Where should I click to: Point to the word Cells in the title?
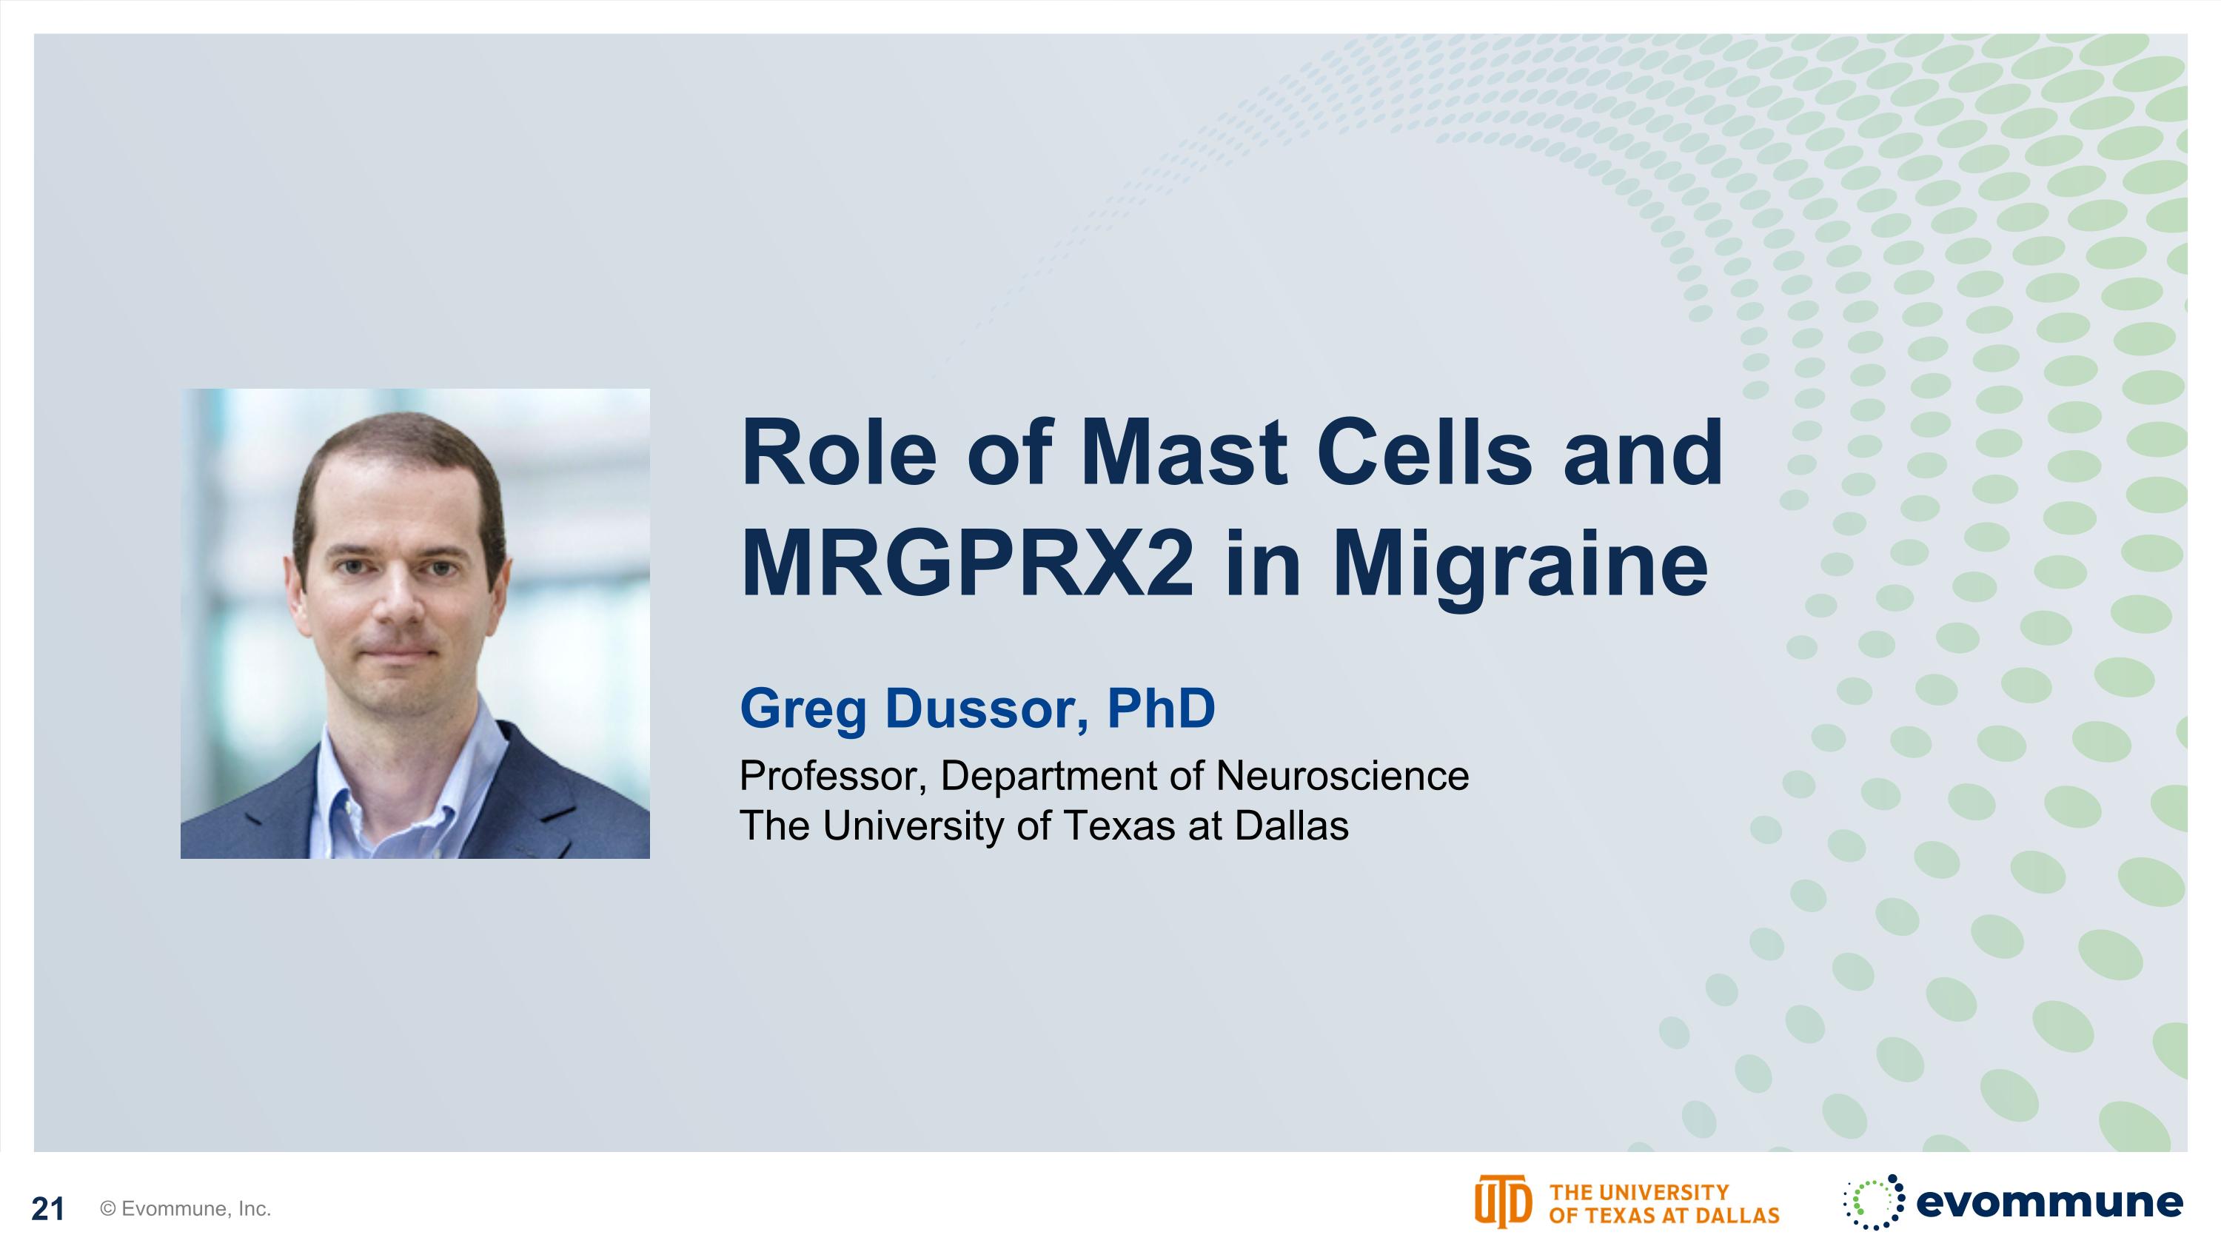click(1424, 452)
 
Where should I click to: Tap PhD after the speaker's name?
click(1161, 708)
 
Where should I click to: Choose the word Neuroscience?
click(1341, 776)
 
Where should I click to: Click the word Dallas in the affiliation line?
click(1292, 826)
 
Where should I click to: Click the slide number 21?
click(48, 1209)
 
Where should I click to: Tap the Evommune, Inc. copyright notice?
click(185, 1209)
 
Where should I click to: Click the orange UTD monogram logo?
click(1503, 1202)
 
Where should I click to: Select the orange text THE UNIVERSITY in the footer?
click(1639, 1192)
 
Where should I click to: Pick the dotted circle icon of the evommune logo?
click(1875, 1202)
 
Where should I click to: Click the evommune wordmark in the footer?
click(2049, 1202)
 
